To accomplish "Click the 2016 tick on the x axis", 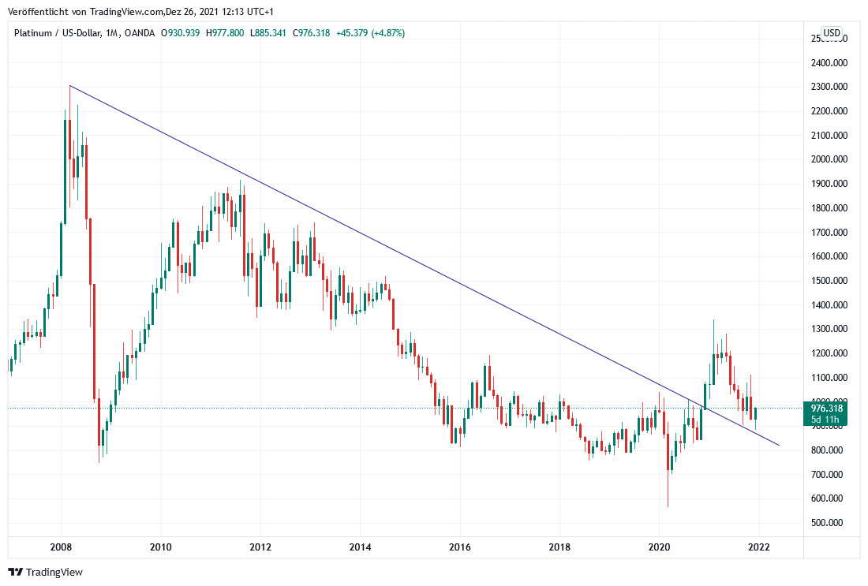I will [459, 547].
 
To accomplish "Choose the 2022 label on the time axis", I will [758, 547].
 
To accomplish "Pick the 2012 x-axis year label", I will [260, 547].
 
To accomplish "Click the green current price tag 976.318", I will [827, 408].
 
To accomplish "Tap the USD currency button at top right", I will [832, 32].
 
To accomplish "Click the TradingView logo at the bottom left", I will [45, 572].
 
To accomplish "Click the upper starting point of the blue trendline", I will [69, 85].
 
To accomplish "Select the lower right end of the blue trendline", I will [779, 446].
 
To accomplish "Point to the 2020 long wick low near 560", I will [668, 506].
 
